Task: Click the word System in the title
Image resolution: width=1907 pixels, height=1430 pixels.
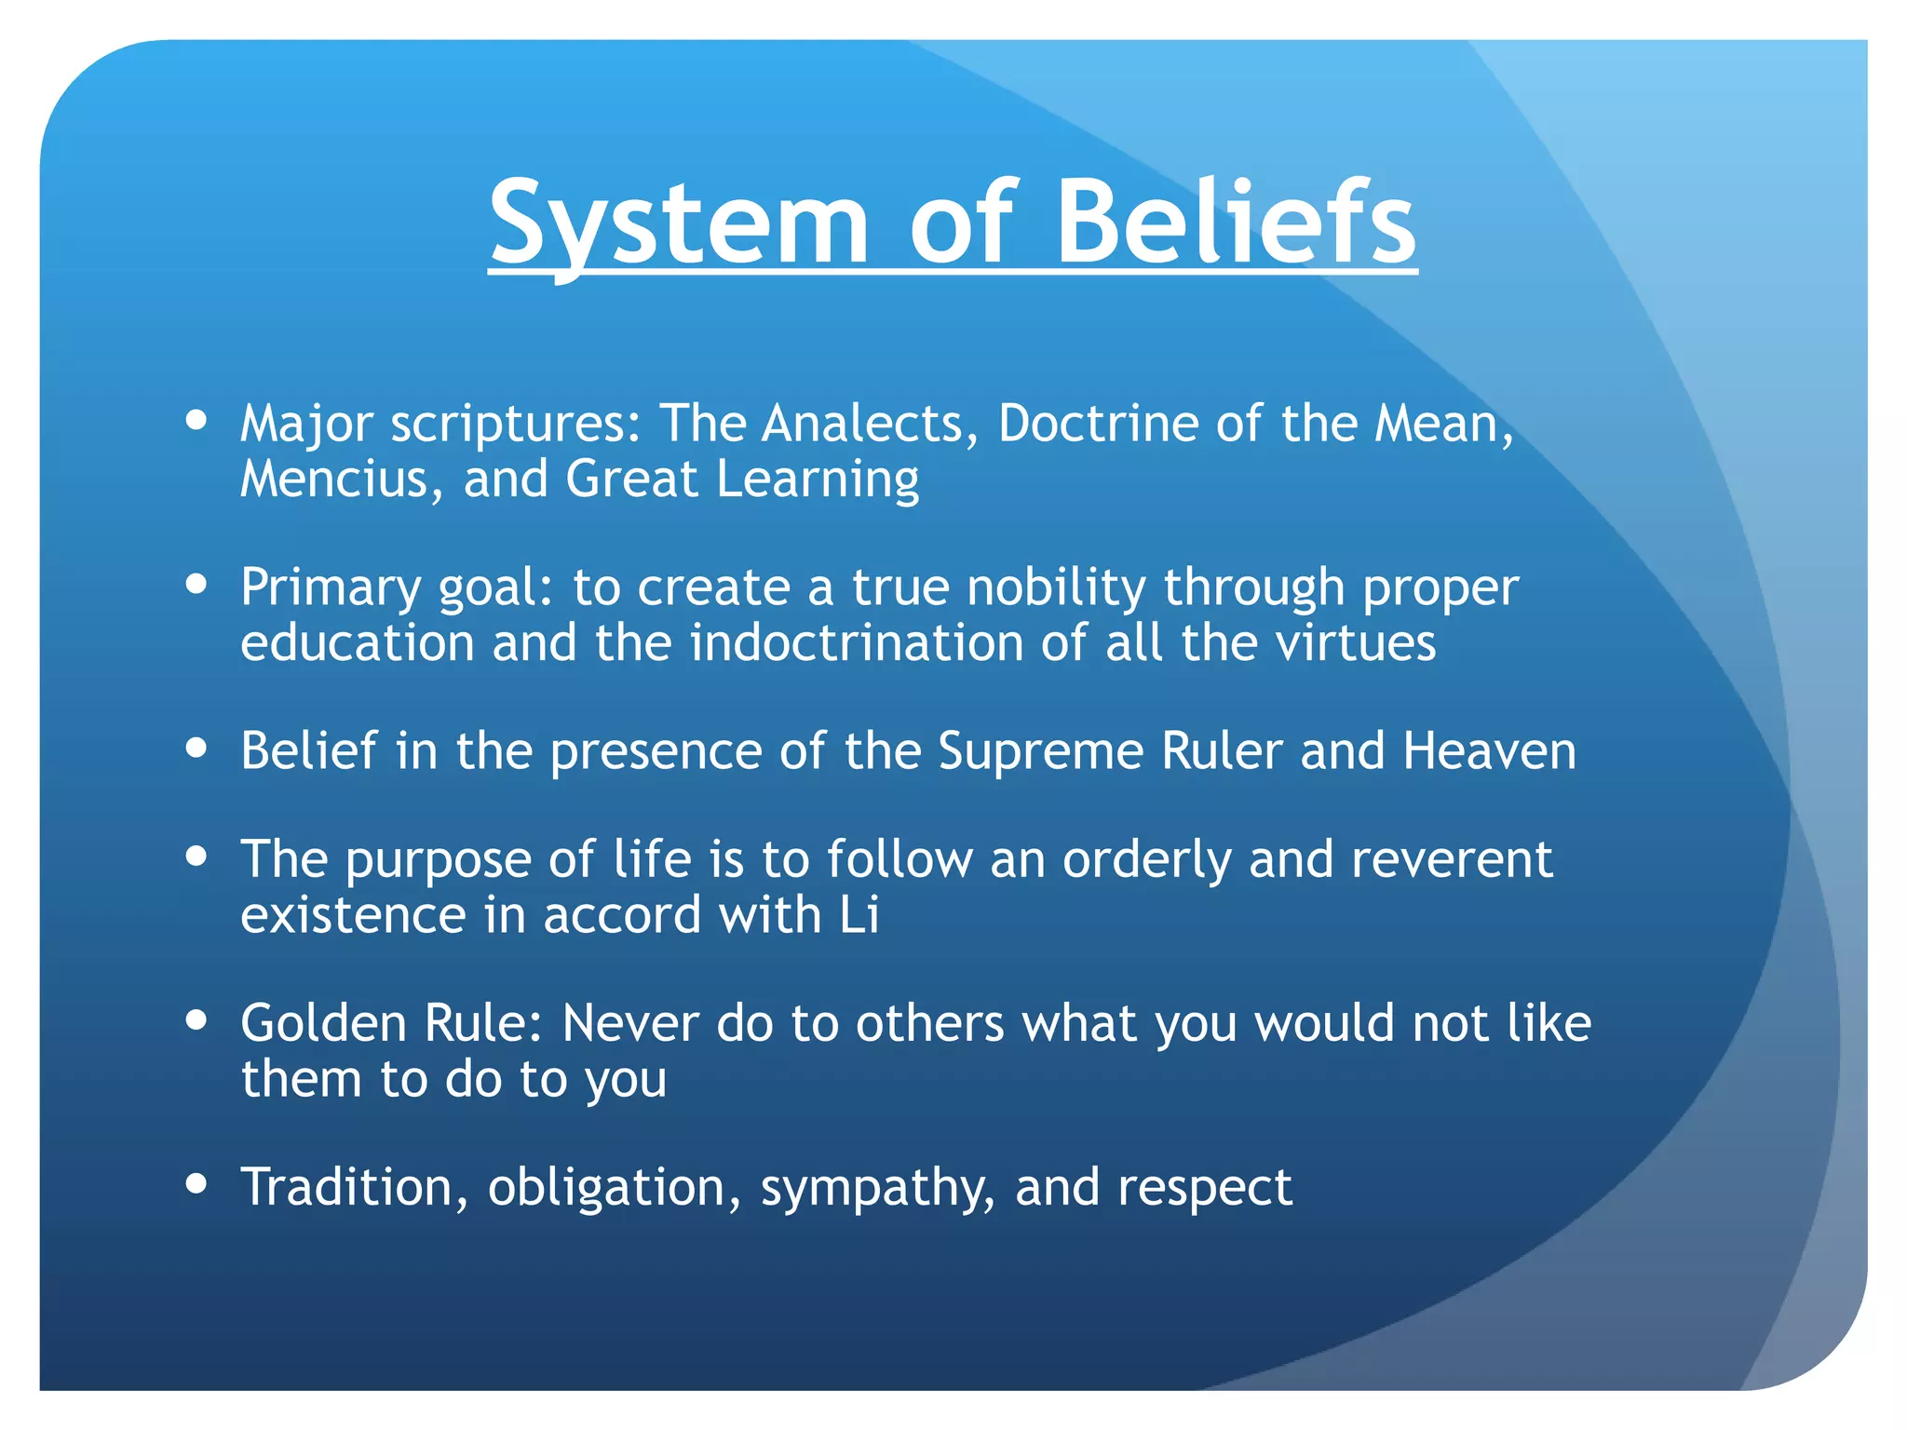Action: click(679, 223)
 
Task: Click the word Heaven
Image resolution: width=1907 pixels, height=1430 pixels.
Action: click(1489, 751)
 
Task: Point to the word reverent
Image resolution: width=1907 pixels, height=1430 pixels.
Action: click(1451, 859)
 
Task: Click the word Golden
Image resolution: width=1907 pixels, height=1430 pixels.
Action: click(323, 1023)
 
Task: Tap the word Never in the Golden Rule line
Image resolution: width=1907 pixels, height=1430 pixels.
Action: click(629, 1023)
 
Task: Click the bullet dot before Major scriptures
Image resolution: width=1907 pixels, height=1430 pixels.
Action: click(196, 420)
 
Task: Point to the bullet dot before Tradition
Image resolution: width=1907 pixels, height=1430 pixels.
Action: click(196, 1184)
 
